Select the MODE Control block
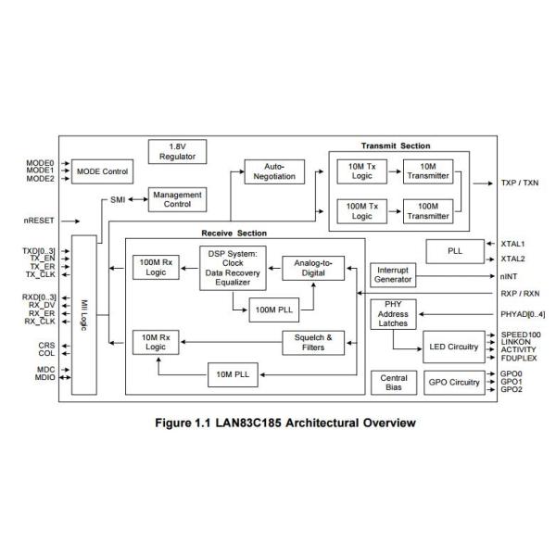(102, 172)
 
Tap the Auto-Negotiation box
(273, 171)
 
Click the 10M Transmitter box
(426, 171)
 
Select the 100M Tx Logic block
(358, 210)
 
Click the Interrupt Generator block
(394, 274)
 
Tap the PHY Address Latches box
(394, 314)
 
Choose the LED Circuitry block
(453, 347)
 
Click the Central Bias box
(394, 382)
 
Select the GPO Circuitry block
(453, 382)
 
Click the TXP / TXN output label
(519, 183)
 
